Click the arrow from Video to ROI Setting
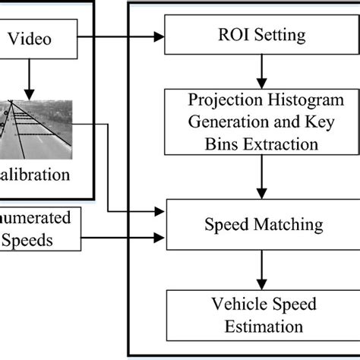[122, 35]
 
